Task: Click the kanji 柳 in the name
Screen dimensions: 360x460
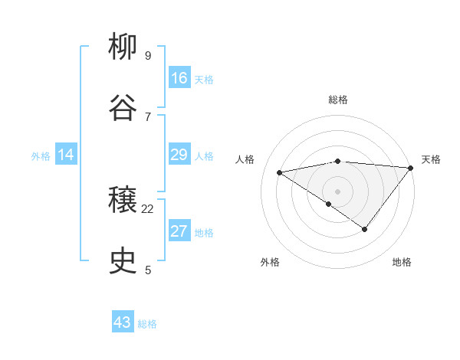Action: pyautogui.click(x=123, y=48)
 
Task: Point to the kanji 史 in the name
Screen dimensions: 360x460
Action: pyautogui.click(x=123, y=262)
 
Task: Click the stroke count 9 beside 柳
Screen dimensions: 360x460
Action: pyautogui.click(x=147, y=56)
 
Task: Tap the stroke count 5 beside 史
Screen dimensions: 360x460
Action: pyautogui.click(x=147, y=270)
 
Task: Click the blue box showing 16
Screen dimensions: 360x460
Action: pyautogui.click(x=179, y=78)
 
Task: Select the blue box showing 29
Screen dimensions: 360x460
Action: pyautogui.click(x=179, y=155)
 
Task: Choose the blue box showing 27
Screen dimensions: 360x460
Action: pyautogui.click(x=179, y=231)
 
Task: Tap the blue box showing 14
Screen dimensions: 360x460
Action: pyautogui.click(x=66, y=155)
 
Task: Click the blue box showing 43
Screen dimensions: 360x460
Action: pyautogui.click(x=123, y=322)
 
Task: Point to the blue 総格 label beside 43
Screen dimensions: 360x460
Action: pyautogui.click(x=147, y=324)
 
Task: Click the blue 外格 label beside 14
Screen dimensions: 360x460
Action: pyautogui.click(x=41, y=156)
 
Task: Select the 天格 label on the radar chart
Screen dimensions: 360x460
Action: pyautogui.click(x=431, y=159)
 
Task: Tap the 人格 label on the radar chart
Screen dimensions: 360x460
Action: pyautogui.click(x=245, y=159)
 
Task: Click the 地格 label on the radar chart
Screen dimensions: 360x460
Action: pyautogui.click(x=402, y=262)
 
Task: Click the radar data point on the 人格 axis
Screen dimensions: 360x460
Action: pyautogui.click(x=280, y=172)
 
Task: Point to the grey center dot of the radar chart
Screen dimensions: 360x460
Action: pyautogui.click(x=337, y=191)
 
